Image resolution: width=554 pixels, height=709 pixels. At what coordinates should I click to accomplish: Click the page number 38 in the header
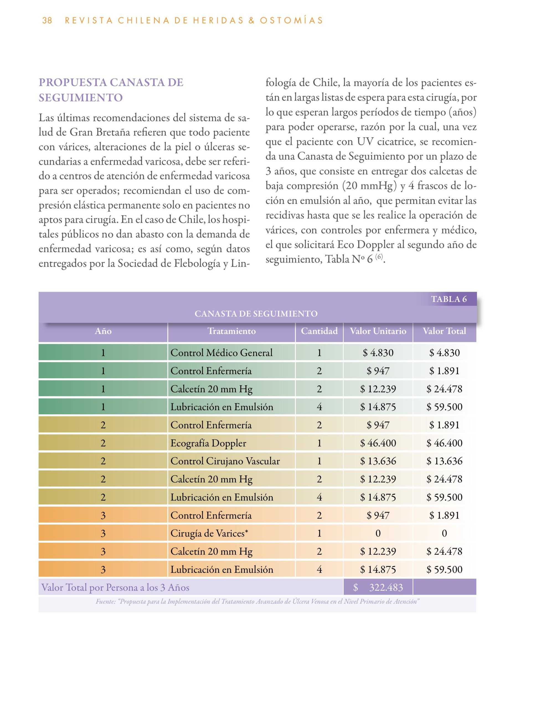pyautogui.click(x=47, y=20)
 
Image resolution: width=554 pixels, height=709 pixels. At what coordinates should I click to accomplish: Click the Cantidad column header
pyautogui.click(x=319, y=331)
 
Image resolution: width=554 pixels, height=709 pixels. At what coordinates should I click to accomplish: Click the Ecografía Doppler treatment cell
pyautogui.click(x=208, y=443)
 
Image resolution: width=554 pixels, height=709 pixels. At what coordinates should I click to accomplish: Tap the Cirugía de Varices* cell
pyautogui.click(x=209, y=533)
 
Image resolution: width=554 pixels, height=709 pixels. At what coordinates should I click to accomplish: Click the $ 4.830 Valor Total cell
pyautogui.click(x=444, y=353)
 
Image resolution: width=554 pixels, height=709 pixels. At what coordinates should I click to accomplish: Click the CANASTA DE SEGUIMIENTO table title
pyautogui.click(x=256, y=314)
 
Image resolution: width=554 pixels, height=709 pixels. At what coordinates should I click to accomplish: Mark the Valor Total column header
pyautogui.click(x=444, y=331)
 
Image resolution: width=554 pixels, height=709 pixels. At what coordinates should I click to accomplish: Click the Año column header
pyautogui.click(x=103, y=331)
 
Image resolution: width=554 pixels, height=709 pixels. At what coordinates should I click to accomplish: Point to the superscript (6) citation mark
pyautogui.click(x=379, y=257)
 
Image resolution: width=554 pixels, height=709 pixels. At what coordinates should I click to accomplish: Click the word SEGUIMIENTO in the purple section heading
pyautogui.click(x=81, y=97)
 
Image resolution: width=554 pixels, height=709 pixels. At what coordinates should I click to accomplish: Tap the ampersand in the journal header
pyautogui.click(x=251, y=20)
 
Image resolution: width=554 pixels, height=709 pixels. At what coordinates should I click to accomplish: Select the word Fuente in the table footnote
pyautogui.click(x=105, y=602)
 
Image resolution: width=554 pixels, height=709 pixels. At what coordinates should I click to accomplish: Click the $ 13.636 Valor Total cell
pyautogui.click(x=444, y=461)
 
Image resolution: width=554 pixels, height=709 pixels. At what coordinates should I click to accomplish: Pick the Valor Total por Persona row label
pyautogui.click(x=115, y=588)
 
